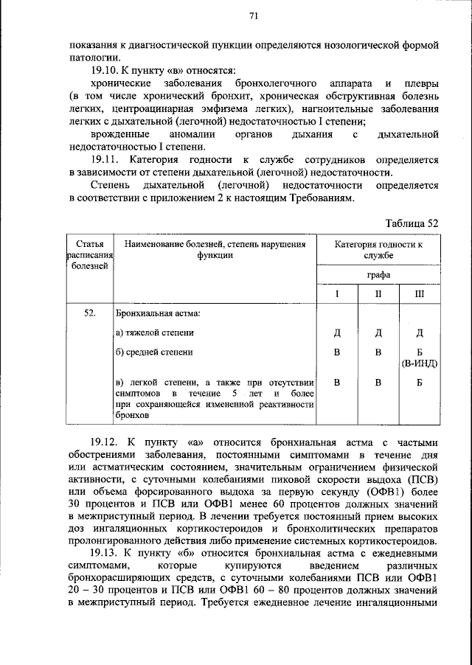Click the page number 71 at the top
tap(253, 15)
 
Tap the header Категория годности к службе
tap(378, 249)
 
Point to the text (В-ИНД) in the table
tap(419, 363)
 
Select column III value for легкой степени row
tap(419, 383)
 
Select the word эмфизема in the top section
tap(221, 109)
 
